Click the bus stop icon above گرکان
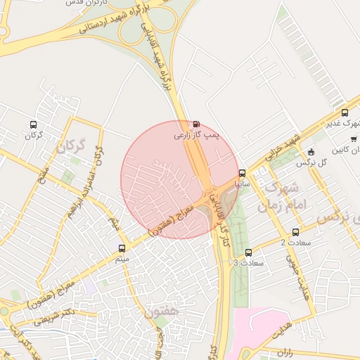[33, 124]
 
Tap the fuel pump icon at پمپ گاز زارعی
[195, 122]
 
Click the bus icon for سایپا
[243, 173]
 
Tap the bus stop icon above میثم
[122, 248]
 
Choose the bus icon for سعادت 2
[295, 232]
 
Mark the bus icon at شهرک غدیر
[345, 112]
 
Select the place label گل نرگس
[313, 162]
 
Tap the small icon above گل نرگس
[311, 152]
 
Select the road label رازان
[285, 349]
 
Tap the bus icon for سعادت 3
[248, 252]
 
